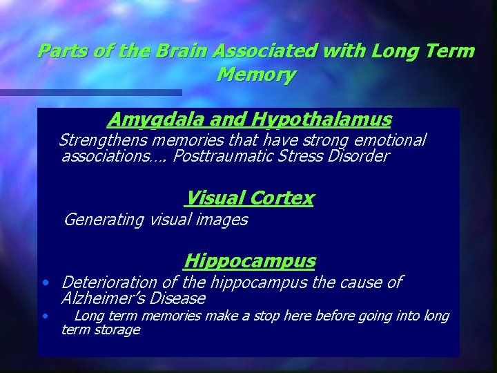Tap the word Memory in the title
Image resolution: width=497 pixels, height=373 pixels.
tap(256, 74)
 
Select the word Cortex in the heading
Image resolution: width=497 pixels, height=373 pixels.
tap(281, 199)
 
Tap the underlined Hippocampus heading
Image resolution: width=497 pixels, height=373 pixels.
tap(250, 261)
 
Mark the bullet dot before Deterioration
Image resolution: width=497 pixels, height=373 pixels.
tap(44, 283)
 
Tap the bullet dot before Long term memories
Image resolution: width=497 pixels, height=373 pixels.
tap(44, 316)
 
